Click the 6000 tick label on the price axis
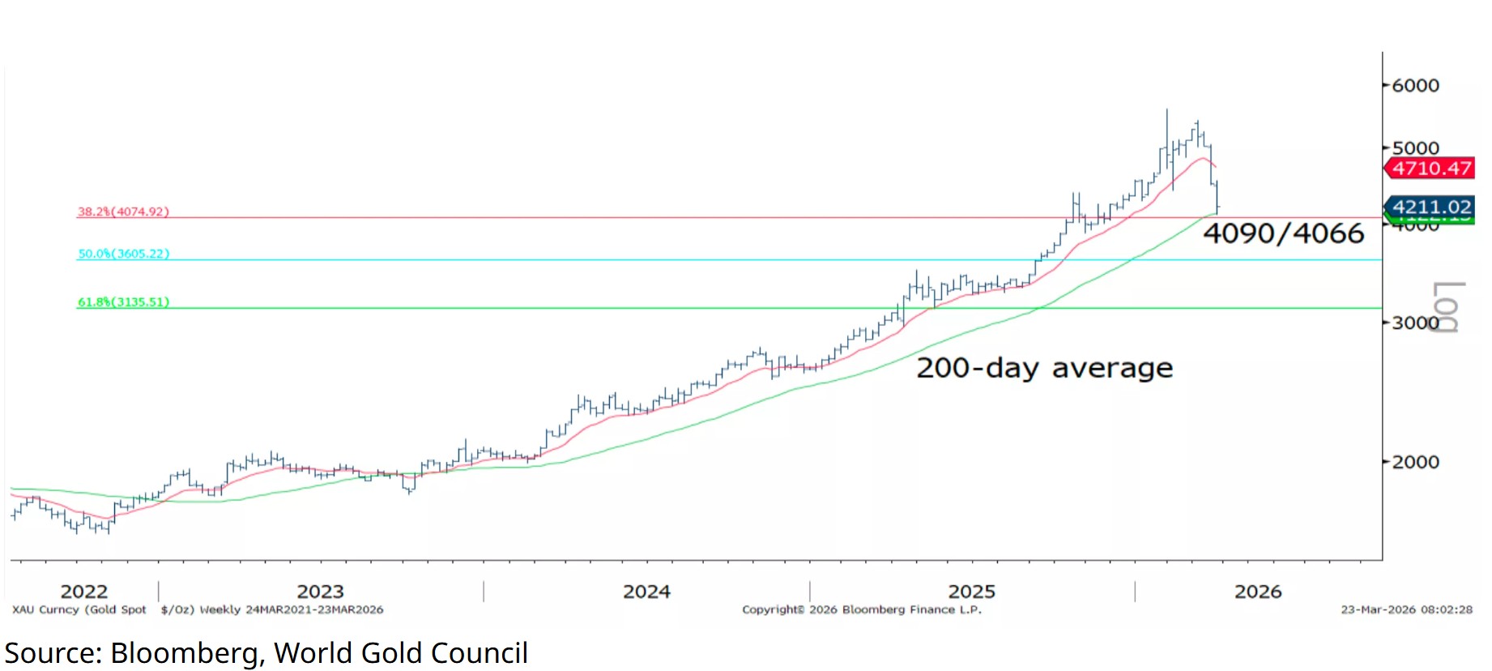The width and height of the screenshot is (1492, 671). coord(1415,85)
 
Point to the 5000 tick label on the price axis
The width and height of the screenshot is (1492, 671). coord(1415,147)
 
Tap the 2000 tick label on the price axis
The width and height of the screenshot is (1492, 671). coord(1415,462)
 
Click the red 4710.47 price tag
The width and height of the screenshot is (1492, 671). coord(1431,169)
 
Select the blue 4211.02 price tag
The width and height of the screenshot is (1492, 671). coord(1431,207)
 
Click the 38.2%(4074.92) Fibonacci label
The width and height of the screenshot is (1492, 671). coord(123,212)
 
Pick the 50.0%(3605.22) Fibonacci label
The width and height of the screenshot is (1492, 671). coord(123,254)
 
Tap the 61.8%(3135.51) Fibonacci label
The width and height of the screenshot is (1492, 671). coord(123,302)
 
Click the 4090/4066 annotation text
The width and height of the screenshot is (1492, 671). coord(1283,233)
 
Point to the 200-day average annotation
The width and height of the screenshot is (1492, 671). coord(1044,368)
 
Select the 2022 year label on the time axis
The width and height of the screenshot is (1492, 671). coord(83,592)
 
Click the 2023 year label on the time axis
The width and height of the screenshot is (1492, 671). coord(320,592)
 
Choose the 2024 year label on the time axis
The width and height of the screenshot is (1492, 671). coord(646,592)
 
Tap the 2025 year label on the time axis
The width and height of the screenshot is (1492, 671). coord(971,592)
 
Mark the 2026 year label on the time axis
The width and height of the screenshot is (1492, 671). coord(1258,592)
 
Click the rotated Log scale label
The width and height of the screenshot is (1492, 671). coord(1447,307)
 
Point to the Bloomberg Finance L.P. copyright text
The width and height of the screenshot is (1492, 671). coord(862,609)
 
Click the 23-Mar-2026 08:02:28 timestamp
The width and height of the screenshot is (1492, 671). coord(1406,609)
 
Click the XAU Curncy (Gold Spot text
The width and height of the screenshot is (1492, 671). coord(79,609)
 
